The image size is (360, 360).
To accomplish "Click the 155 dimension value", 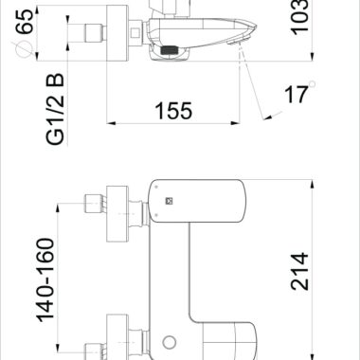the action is (x=173, y=111).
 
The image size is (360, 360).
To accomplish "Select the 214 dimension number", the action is (x=299, y=271).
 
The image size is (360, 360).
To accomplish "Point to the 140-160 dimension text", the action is (x=45, y=280).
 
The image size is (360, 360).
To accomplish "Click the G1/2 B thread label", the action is (x=55, y=109).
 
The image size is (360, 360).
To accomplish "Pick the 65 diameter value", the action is (x=25, y=22).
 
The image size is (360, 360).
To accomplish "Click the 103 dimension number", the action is (x=299, y=17).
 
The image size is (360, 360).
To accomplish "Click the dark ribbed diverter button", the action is (x=170, y=50).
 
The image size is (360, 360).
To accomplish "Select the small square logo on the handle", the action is (x=170, y=201).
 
